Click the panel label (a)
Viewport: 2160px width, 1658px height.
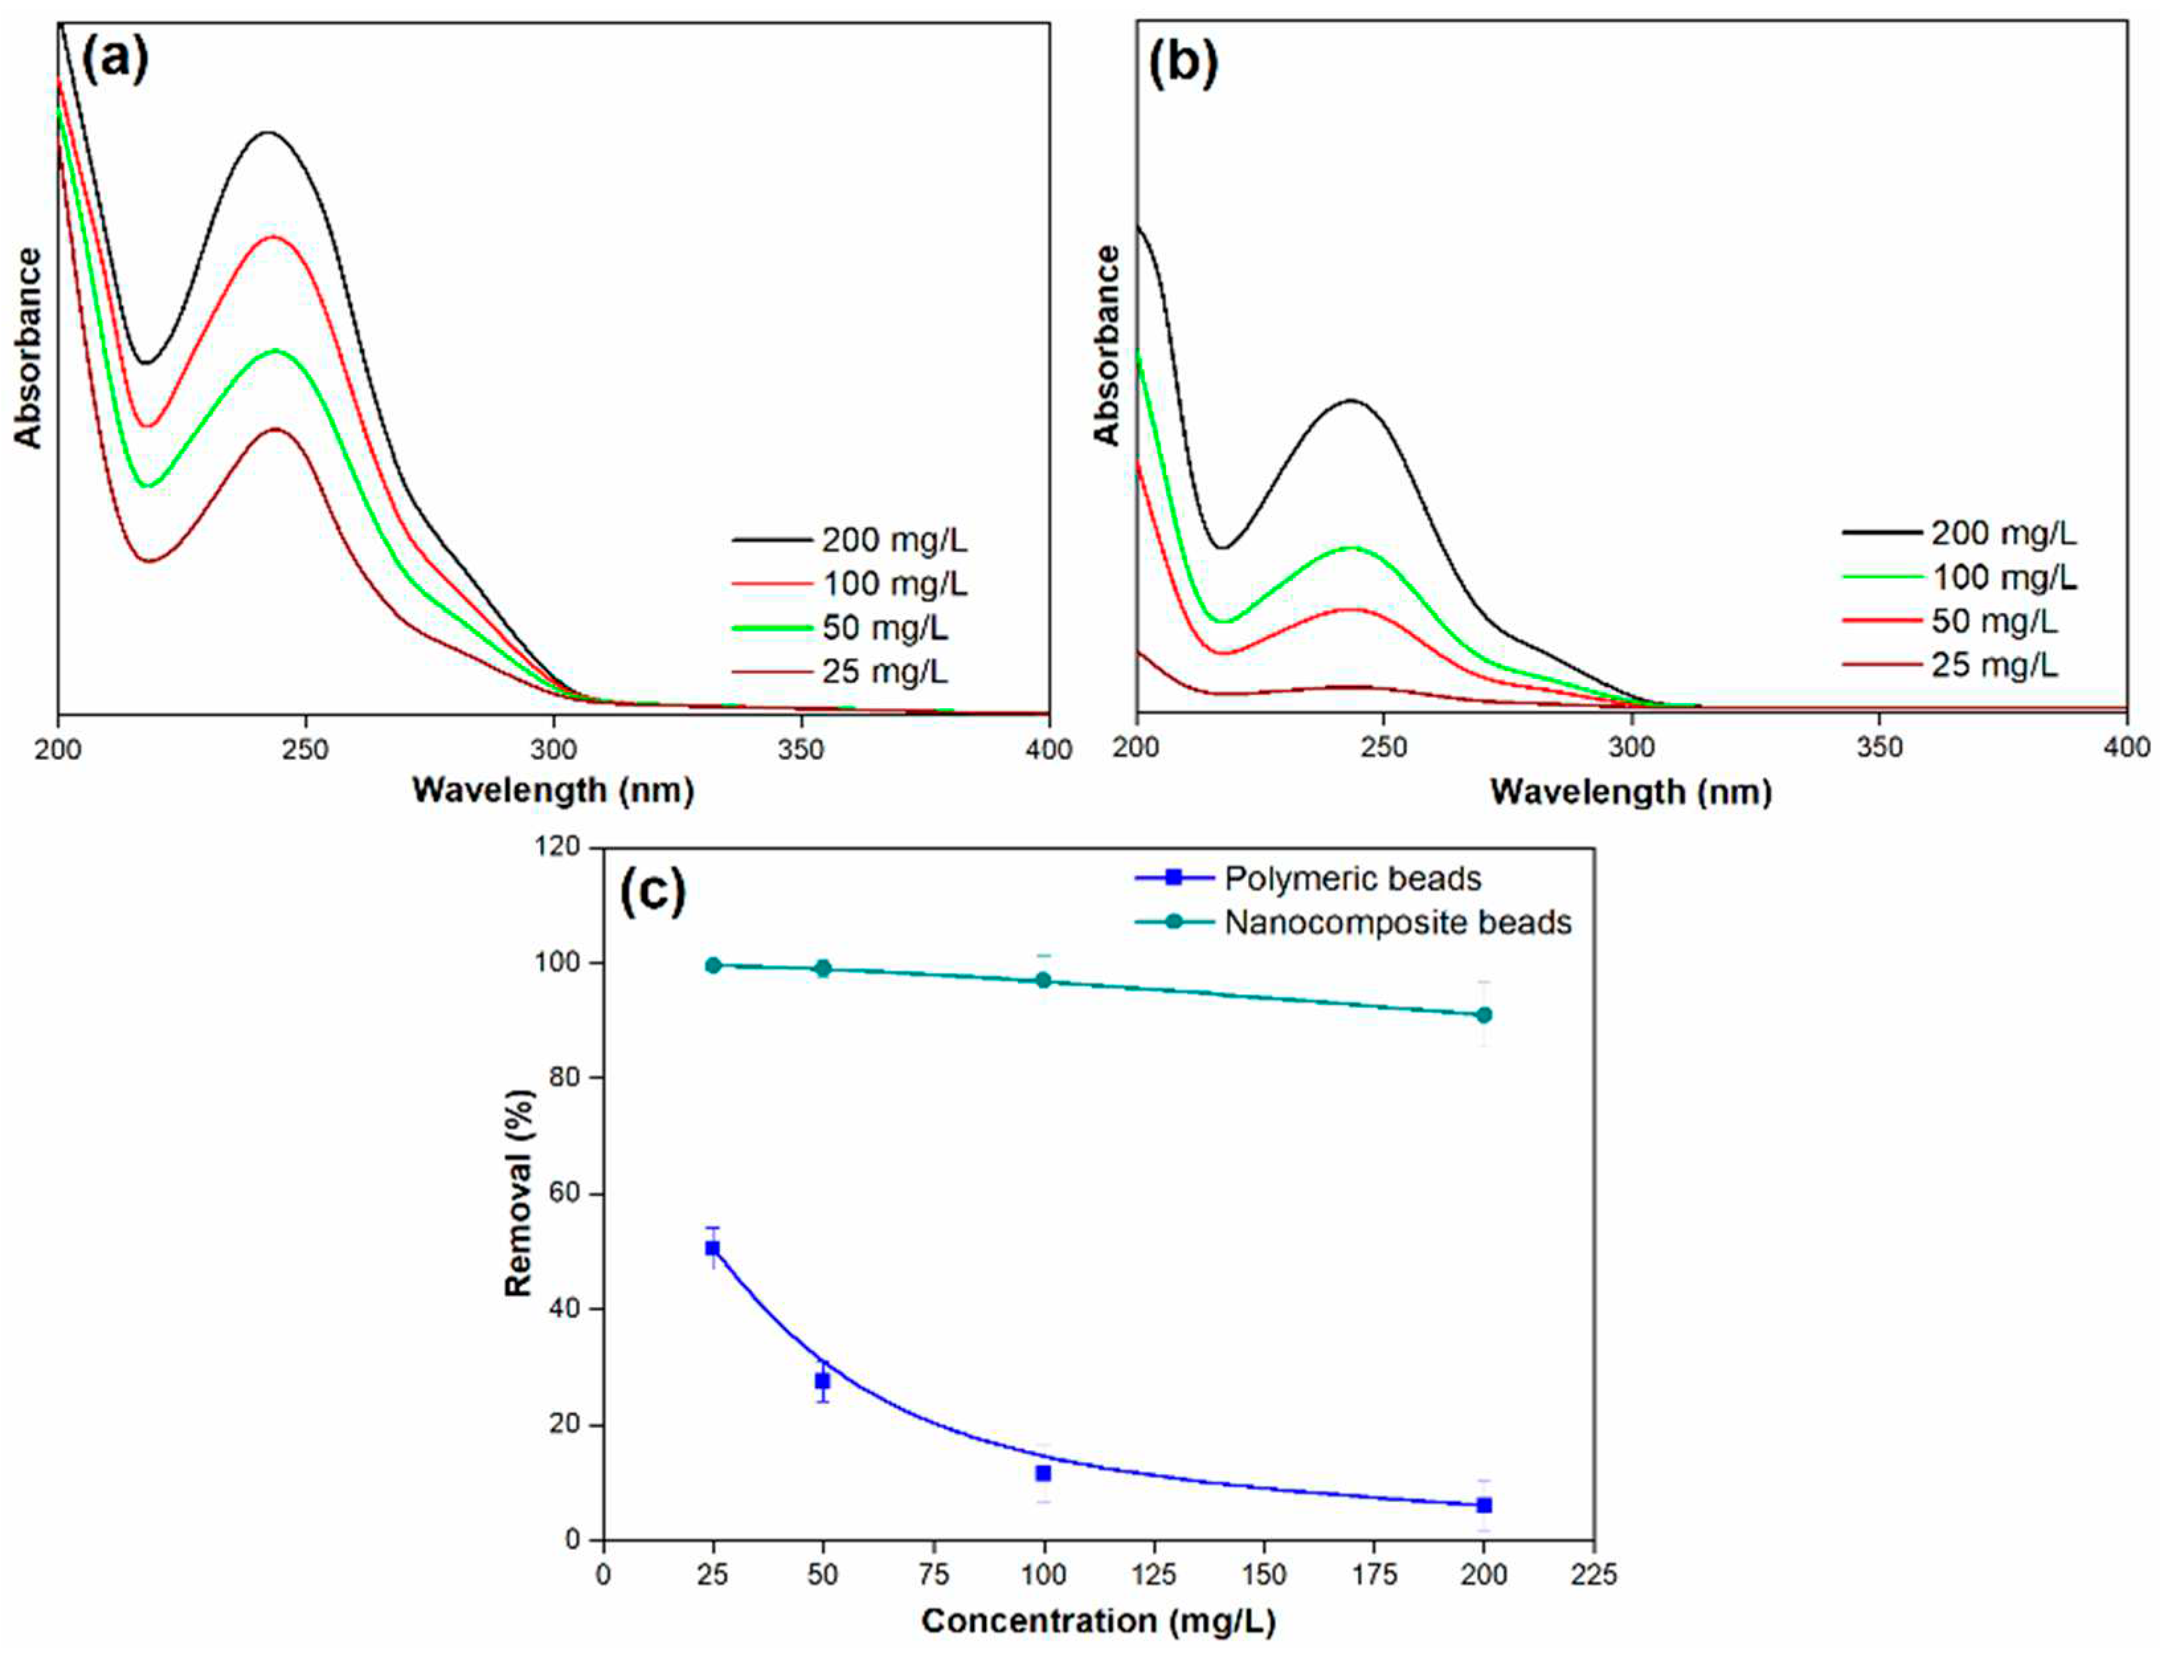[114, 60]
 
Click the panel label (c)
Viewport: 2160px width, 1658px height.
[651, 892]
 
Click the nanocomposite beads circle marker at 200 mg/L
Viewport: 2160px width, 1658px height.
[1483, 1015]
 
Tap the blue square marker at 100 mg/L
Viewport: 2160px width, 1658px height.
[1043, 1473]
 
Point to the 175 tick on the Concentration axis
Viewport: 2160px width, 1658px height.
[1374, 1576]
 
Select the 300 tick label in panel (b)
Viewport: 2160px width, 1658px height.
[1631, 747]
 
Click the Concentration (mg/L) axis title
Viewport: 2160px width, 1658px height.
[1097, 1622]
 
